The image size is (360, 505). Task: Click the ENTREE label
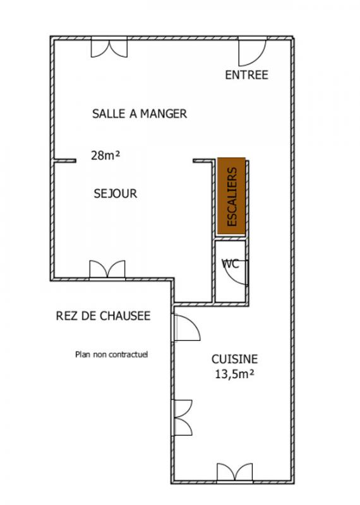click(246, 74)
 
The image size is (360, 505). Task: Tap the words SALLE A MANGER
click(140, 114)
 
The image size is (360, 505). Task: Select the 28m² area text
click(105, 155)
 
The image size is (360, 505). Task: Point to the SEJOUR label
click(116, 193)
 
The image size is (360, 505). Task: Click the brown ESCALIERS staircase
click(231, 196)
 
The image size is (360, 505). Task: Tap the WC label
click(231, 264)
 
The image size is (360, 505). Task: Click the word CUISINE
click(234, 359)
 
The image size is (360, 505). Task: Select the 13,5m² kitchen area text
click(234, 374)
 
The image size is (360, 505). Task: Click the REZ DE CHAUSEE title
click(103, 316)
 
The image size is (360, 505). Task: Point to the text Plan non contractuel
click(112, 354)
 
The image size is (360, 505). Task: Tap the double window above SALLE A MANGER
click(109, 48)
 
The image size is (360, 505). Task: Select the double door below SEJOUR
click(107, 270)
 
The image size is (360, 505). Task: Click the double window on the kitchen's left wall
click(183, 417)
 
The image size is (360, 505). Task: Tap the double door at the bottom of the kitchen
click(234, 473)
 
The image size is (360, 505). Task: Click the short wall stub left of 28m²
click(65, 160)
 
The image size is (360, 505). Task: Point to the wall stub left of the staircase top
click(203, 160)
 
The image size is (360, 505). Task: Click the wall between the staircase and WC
click(231, 239)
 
